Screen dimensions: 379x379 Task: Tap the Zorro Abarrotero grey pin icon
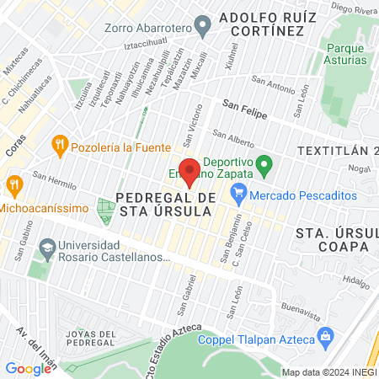203,27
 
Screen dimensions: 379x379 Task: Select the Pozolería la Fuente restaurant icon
59,145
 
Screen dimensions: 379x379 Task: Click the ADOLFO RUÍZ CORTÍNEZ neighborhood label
261,24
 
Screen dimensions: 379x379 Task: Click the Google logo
28,368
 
